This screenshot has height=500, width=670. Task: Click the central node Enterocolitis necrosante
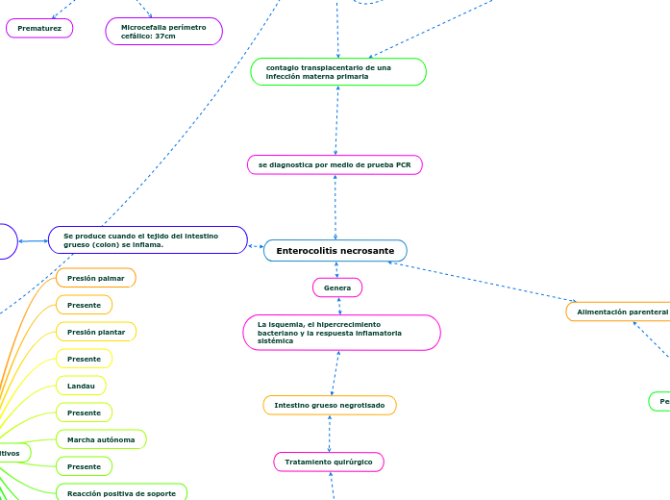[x=335, y=251]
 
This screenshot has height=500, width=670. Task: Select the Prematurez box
[x=39, y=29]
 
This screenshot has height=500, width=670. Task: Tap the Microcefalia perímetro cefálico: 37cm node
[x=163, y=32]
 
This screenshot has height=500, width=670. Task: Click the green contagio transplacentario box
[x=337, y=72]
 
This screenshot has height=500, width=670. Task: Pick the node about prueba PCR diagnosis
[x=335, y=165]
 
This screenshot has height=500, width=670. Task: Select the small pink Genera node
[x=337, y=287]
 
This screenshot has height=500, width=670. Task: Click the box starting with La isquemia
[x=341, y=333]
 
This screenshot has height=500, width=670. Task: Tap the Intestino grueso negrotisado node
[x=330, y=406]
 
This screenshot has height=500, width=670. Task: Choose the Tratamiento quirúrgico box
[x=329, y=462]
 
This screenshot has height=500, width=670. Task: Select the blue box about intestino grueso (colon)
[x=148, y=240]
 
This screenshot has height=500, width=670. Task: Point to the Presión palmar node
[x=96, y=278]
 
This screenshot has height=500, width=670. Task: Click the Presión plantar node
[x=96, y=332]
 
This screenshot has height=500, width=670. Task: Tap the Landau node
[x=81, y=386]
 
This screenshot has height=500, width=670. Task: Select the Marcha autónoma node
[x=101, y=439]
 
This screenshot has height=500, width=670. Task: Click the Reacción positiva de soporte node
[x=121, y=493]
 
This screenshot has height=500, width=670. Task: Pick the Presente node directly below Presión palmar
[x=84, y=305]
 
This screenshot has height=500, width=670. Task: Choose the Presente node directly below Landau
[x=84, y=412]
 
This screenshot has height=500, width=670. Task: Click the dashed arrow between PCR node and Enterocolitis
[x=335, y=207]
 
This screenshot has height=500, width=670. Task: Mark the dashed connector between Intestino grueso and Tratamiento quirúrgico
[x=329, y=434]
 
